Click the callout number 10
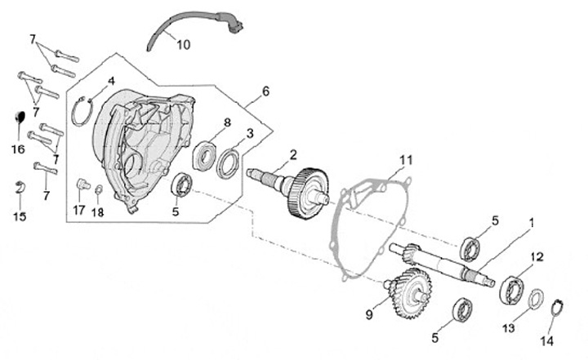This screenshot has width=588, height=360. (182, 44)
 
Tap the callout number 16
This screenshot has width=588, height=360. (18, 149)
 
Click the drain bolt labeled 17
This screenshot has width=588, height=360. (80, 187)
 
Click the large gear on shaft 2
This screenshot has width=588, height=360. (308, 193)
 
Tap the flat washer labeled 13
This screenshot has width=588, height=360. (537, 299)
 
